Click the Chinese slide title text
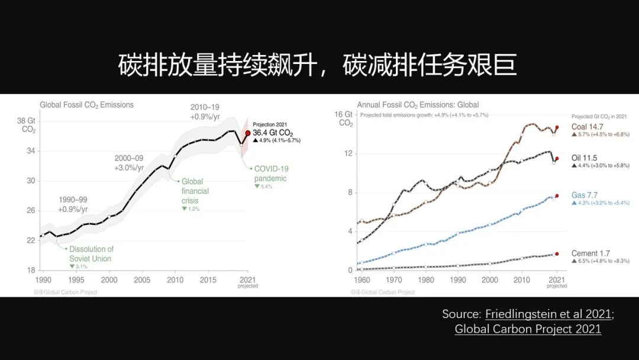point(318,65)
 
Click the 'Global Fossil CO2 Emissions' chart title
point(86,105)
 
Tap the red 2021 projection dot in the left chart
point(248,133)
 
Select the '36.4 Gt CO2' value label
point(273,134)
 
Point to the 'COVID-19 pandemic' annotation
point(270,173)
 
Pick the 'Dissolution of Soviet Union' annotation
point(91,254)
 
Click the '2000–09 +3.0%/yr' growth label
point(129,163)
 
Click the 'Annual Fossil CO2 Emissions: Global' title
point(418,105)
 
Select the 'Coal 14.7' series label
point(587,127)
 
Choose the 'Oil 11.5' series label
point(584,158)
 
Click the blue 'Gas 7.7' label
point(585,195)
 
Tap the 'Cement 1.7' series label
point(590,253)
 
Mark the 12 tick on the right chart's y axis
point(348,153)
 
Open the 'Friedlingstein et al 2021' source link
point(548,314)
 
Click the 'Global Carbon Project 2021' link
point(528,329)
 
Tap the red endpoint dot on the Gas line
point(557,195)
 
